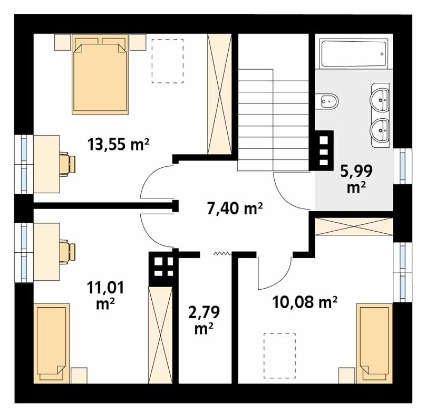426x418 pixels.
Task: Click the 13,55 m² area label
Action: coord(118,144)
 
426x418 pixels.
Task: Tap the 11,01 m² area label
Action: coord(105,295)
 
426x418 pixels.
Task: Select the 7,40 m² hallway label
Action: coord(235,209)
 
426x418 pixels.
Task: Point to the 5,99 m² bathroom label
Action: coord(356,179)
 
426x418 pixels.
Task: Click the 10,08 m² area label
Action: coord(305,302)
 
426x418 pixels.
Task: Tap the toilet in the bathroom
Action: coord(327,101)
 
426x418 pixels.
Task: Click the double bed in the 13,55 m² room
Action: coord(100,74)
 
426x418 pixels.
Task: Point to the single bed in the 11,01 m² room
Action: coord(51,343)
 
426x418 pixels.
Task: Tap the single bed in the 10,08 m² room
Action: coord(375,344)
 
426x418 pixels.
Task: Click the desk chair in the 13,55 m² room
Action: coord(67,164)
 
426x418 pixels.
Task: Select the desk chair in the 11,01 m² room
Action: coord(67,252)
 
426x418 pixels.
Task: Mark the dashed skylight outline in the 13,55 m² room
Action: coord(168,61)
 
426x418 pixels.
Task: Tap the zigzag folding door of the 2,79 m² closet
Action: coord(222,254)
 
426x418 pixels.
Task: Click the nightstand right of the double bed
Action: coord(138,42)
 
